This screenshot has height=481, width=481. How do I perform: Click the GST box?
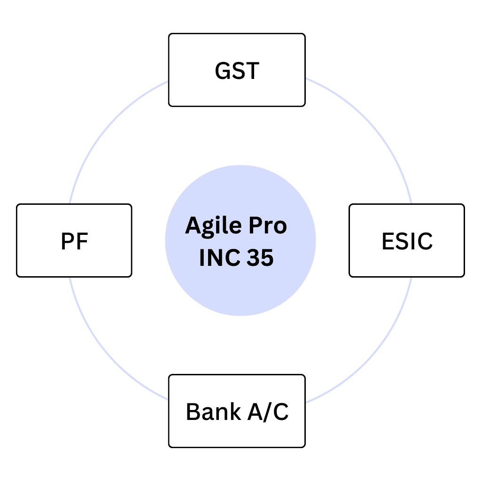(x=237, y=70)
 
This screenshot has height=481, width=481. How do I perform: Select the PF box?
(x=74, y=240)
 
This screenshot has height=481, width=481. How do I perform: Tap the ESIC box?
(x=407, y=240)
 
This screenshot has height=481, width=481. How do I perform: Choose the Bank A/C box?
(x=237, y=411)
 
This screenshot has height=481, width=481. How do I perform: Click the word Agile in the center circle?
(x=212, y=226)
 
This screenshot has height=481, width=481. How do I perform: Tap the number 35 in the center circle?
(x=258, y=258)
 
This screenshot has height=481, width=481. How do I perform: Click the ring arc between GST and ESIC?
(x=362, y=119)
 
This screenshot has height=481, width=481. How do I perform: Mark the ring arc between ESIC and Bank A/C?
(x=362, y=362)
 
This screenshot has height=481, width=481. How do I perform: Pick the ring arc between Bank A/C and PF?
(x=119, y=362)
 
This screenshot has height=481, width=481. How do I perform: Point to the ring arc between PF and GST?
(x=119, y=119)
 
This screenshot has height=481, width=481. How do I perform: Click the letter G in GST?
(x=223, y=70)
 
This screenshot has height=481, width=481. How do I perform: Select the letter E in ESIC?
(x=388, y=241)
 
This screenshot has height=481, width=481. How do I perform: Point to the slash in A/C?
(x=267, y=411)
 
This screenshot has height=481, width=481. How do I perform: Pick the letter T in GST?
(x=252, y=70)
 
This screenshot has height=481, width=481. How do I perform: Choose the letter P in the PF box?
(x=68, y=241)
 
